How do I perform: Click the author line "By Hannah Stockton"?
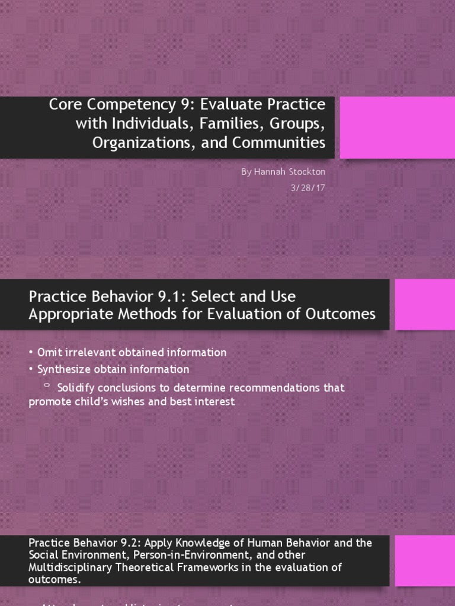[x=283, y=172]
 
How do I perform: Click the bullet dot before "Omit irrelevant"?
[x=31, y=353]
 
